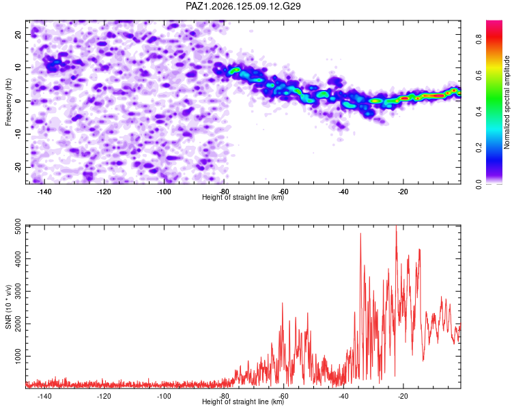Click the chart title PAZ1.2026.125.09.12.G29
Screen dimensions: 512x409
[x=243, y=6]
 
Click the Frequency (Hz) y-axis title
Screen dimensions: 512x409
[x=8, y=102]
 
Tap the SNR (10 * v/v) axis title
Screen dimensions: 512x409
[x=8, y=307]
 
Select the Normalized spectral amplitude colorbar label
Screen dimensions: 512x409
[x=507, y=102]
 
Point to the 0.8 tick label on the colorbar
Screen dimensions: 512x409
[x=479, y=40]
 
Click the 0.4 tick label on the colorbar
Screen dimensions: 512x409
[x=479, y=112]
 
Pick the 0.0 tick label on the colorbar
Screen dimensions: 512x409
[x=479, y=184]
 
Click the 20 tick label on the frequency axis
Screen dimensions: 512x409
[x=18, y=35]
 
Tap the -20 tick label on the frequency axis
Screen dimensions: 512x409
[x=18, y=167]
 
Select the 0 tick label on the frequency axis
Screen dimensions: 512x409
[x=18, y=101]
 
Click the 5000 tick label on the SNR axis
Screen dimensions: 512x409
[x=18, y=226]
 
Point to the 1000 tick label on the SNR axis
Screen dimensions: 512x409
[x=18, y=356]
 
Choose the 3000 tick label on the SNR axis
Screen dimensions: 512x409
[x=18, y=291]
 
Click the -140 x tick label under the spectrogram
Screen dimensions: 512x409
[x=44, y=192]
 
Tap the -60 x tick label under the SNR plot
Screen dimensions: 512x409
[x=283, y=396]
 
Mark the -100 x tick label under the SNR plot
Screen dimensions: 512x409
[x=164, y=396]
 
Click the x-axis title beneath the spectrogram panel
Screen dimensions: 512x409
[x=243, y=197]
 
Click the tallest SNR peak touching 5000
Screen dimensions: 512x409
[x=396, y=227]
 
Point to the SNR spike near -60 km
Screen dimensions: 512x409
[x=283, y=304]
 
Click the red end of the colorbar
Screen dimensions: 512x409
[x=494, y=22]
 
